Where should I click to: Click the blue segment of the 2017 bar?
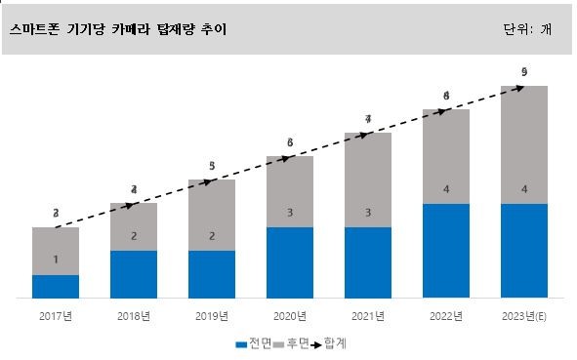56,286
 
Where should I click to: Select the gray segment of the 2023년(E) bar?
524,144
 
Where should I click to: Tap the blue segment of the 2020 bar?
290,262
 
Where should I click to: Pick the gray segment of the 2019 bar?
212,215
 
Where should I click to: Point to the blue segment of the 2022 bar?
446,251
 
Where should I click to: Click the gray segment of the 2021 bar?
368,180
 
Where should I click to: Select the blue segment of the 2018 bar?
134,274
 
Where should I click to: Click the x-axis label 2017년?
56,315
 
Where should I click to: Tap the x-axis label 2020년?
290,315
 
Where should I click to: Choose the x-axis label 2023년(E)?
524,315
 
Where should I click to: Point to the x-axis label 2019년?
212,315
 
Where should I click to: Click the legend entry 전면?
253,343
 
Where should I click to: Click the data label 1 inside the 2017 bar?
56,260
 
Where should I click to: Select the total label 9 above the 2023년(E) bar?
524,72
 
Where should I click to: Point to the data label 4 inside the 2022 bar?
446,188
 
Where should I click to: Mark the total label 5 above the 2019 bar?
212,166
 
